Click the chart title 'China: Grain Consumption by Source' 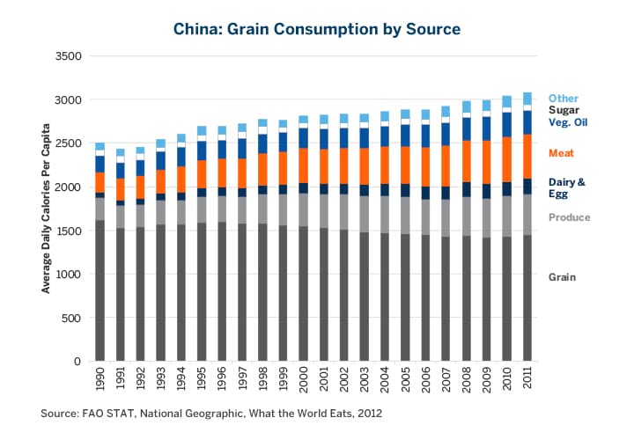point(317,29)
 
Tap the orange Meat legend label point(562,153)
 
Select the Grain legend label point(562,277)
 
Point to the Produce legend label point(569,217)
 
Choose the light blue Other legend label point(564,98)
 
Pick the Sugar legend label point(564,110)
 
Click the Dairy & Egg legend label point(567,187)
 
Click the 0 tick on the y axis point(77,362)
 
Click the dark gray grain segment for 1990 point(100,290)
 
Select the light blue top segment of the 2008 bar point(467,106)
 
